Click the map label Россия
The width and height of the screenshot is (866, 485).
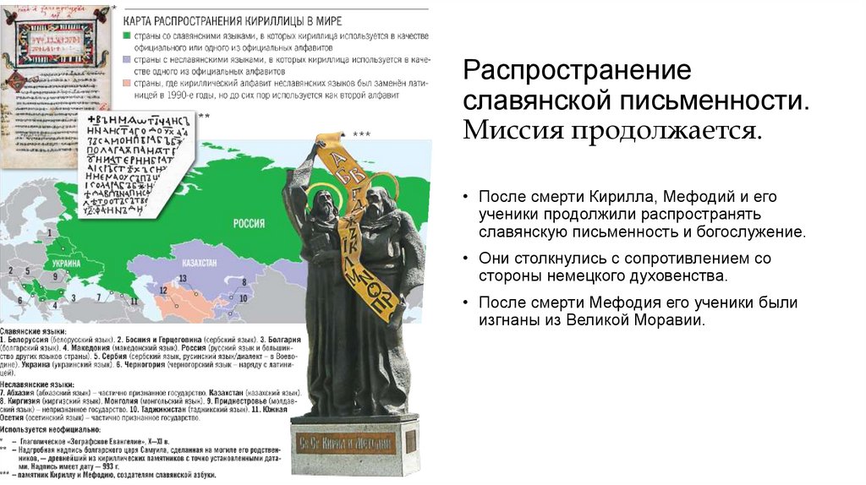click(249, 224)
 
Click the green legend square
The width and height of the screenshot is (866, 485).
click(125, 36)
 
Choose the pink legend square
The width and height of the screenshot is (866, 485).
click(125, 84)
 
